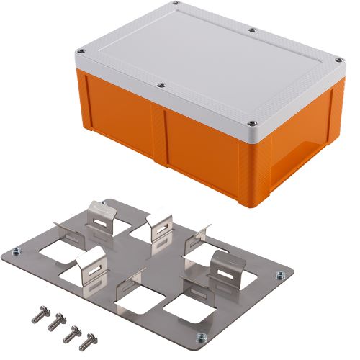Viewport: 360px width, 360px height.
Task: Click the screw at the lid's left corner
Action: (81, 52)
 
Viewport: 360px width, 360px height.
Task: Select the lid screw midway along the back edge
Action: (252, 30)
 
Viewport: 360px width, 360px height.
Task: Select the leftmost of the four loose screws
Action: (36, 316)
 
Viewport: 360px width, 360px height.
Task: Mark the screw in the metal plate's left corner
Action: (16, 251)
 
